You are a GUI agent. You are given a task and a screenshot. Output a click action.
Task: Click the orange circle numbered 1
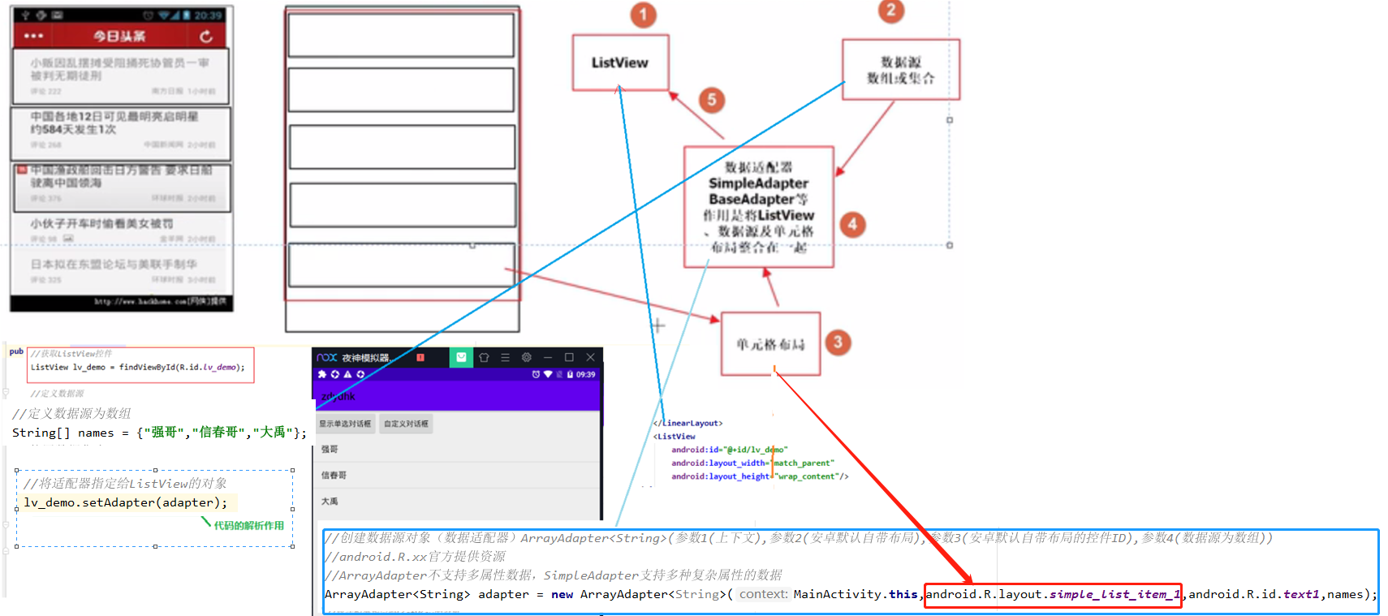643,15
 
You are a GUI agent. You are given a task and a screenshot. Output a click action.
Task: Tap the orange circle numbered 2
890,11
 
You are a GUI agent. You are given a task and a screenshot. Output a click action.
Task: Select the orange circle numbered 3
838,342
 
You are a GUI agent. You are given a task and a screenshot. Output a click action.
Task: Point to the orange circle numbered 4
852,224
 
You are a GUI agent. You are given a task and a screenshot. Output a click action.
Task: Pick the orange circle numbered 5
711,100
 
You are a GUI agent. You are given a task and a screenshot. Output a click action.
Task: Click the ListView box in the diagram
620,62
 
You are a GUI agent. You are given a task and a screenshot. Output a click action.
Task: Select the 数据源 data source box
900,70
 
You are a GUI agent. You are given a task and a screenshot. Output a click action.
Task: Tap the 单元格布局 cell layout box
770,344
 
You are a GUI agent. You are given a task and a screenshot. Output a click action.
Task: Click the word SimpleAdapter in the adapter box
758,183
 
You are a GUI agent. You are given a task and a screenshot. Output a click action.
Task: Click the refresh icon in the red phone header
206,37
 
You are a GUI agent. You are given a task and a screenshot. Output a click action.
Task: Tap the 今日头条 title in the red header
119,37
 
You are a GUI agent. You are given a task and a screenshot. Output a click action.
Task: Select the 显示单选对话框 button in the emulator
345,424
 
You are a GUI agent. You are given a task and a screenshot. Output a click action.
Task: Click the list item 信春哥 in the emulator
334,475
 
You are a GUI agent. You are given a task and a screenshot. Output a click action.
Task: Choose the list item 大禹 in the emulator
330,501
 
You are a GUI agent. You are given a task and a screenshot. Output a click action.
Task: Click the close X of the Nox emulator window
590,357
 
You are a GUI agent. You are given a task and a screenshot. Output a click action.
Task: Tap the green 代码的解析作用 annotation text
248,525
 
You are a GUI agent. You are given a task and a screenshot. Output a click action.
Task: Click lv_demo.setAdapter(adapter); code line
126,502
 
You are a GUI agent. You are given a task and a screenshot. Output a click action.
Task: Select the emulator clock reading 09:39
585,374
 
